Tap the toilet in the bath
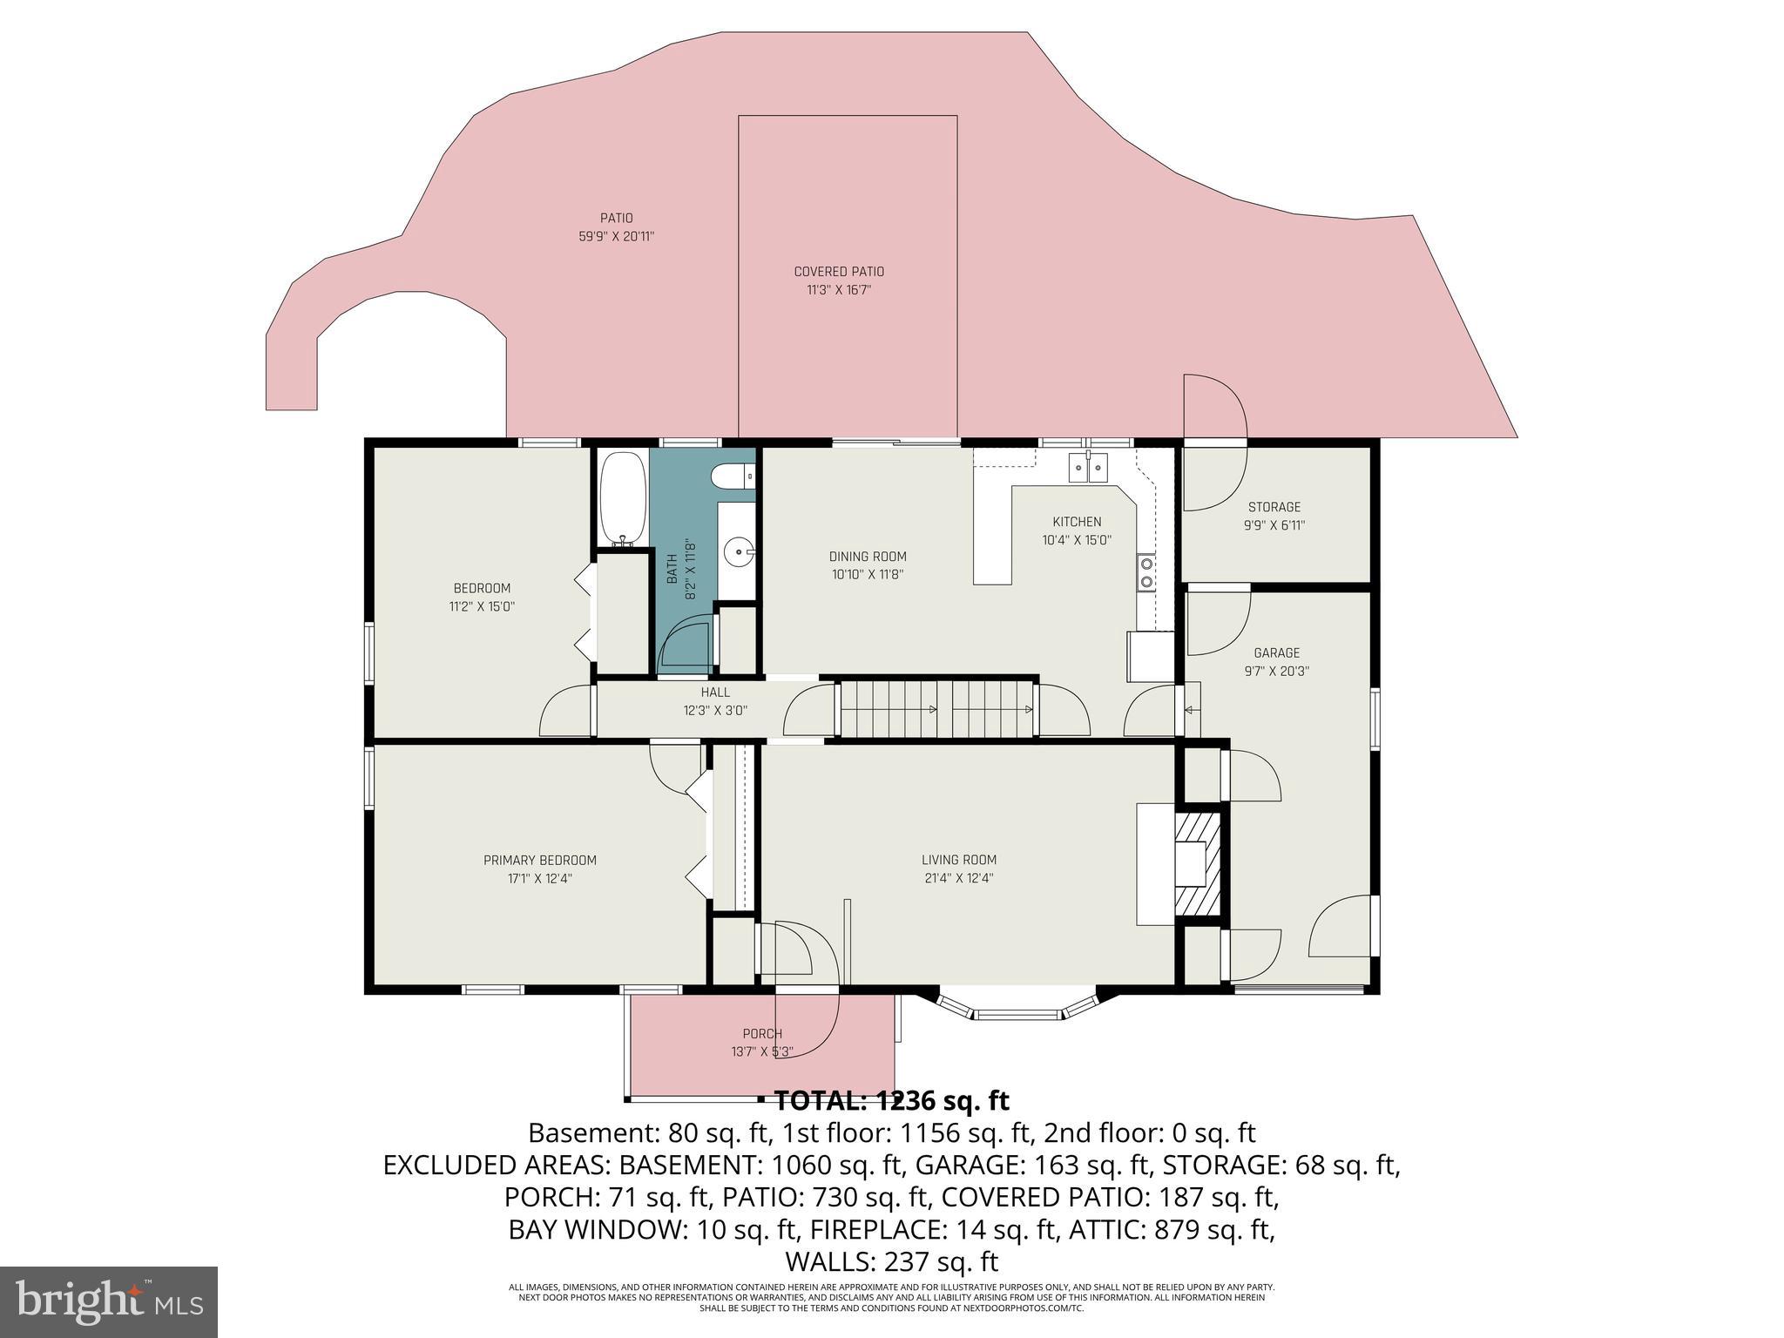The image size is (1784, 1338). coord(731,476)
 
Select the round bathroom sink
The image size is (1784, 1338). coord(739,551)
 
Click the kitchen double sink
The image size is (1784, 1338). coord(1089,468)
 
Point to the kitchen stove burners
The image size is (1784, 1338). coord(1146,572)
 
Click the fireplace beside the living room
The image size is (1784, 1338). coord(1199,862)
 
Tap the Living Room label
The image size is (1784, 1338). coord(958,860)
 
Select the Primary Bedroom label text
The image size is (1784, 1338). coord(540,861)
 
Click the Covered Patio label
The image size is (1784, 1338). coord(838,272)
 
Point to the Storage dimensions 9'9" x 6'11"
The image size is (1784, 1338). coord(1274,526)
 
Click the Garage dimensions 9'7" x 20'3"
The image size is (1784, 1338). coord(1276,672)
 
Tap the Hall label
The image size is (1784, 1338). coord(715,693)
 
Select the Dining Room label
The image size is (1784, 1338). coord(867,557)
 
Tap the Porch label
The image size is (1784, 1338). coord(762,1034)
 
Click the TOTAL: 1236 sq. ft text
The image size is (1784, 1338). coord(891,1101)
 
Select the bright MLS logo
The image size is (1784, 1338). coord(109,1301)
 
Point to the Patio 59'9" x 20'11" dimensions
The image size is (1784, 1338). coord(616,236)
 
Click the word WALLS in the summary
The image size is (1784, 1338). coord(831,1261)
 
